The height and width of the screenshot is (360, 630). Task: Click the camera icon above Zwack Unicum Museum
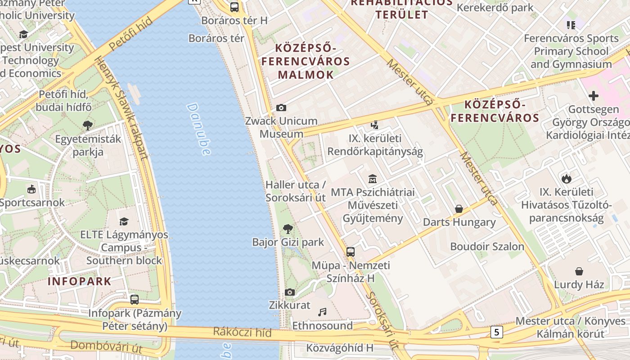click(281, 108)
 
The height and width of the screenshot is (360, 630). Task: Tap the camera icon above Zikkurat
click(290, 292)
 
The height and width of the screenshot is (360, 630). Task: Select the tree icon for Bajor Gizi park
click(288, 229)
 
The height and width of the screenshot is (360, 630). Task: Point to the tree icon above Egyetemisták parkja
click(88, 126)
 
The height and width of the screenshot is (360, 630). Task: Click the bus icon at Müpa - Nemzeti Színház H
click(351, 252)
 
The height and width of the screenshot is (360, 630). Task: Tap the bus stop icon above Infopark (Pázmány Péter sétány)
click(134, 299)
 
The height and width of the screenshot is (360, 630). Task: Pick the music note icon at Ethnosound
click(322, 312)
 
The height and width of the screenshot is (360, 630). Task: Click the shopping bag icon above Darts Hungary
click(459, 209)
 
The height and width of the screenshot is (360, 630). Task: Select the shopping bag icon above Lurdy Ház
click(579, 271)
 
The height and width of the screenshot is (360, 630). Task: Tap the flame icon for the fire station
click(566, 179)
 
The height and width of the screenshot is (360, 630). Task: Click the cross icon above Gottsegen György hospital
click(594, 96)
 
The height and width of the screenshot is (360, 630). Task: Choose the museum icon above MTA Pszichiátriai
click(372, 179)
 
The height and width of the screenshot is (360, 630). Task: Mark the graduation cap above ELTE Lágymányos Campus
click(124, 221)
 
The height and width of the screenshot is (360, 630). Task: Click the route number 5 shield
click(496, 332)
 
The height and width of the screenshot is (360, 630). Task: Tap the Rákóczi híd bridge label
click(242, 333)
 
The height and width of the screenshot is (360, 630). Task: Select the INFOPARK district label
click(79, 282)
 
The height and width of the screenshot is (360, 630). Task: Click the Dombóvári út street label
click(106, 347)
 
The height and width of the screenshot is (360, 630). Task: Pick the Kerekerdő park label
click(495, 8)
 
